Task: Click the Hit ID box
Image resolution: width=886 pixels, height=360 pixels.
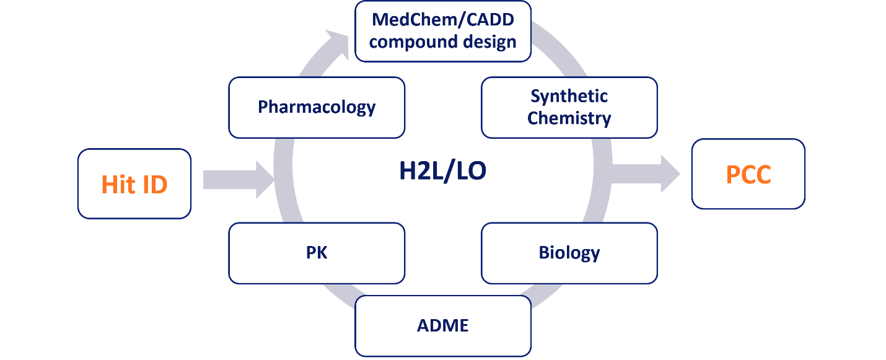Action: pos(134,183)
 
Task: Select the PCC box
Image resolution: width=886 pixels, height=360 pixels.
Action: pos(748,174)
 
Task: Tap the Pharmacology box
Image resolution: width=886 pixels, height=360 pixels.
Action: pos(317,107)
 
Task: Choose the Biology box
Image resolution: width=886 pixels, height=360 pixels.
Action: pos(569,253)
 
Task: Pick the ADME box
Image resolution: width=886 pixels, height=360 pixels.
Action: pos(443,326)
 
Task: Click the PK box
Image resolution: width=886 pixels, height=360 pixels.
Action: pos(317,253)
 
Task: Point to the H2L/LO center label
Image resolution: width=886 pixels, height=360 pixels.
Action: pos(443,170)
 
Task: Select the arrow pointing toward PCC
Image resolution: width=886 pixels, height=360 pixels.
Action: pos(644,174)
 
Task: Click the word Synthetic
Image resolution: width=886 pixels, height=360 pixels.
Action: pos(569,97)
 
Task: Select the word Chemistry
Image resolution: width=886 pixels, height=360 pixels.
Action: pos(569,118)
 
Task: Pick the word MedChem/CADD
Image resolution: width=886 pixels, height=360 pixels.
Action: pos(443,19)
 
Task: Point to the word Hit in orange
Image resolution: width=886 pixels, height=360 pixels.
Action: pos(118,184)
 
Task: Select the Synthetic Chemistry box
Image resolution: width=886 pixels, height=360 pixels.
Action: pos(569,107)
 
